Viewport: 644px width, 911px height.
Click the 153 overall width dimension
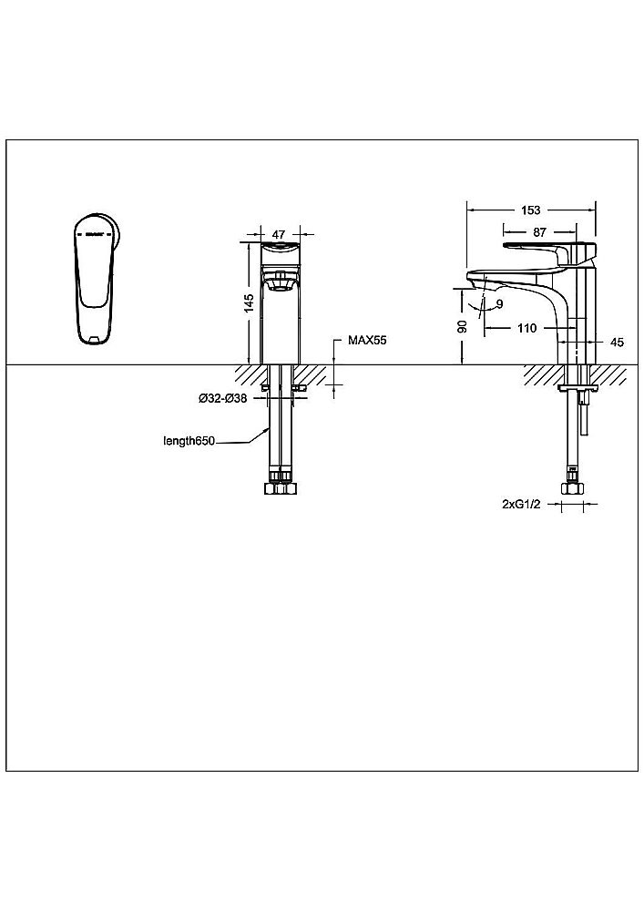pyautogui.click(x=531, y=210)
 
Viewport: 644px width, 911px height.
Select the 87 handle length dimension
pyautogui.click(x=539, y=231)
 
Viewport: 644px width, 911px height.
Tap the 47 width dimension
pyautogui.click(x=279, y=235)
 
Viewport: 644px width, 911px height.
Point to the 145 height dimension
pyautogui.click(x=249, y=303)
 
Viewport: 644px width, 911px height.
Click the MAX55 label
pyautogui.click(x=367, y=341)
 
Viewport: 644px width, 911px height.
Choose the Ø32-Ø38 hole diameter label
pyautogui.click(x=223, y=399)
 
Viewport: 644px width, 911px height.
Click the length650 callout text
pyautogui.click(x=189, y=441)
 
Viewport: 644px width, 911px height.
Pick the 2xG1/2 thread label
pyautogui.click(x=521, y=505)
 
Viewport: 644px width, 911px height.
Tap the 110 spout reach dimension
pyautogui.click(x=526, y=328)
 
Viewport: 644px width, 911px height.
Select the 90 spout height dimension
pyautogui.click(x=463, y=326)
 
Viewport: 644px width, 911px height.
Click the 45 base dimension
pyautogui.click(x=618, y=343)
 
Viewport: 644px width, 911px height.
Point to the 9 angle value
pyautogui.click(x=499, y=304)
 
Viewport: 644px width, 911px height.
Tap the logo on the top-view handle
pyautogui.click(x=94, y=235)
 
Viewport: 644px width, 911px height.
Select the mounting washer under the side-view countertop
pyautogui.click(x=577, y=387)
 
